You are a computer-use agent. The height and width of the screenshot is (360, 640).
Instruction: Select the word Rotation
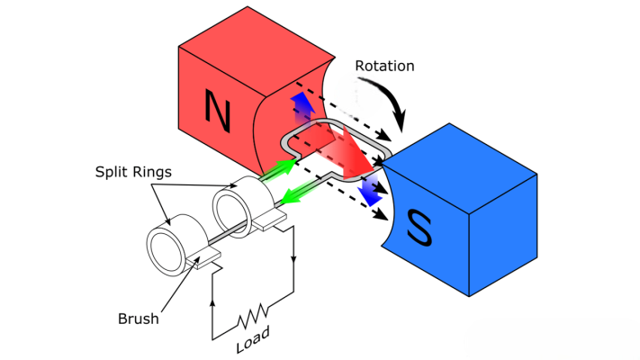(386, 66)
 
